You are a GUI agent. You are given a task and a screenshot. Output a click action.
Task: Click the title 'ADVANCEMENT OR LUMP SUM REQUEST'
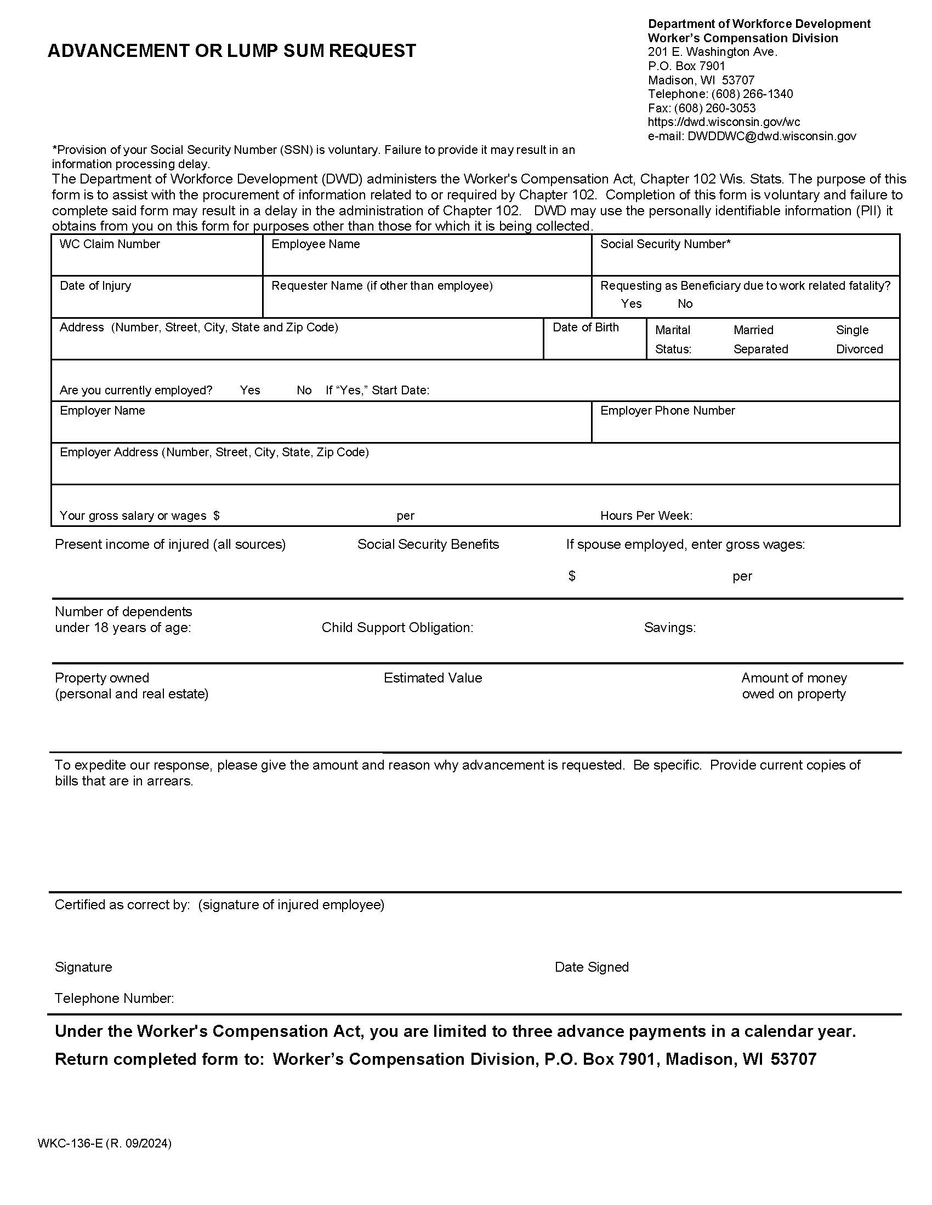click(231, 51)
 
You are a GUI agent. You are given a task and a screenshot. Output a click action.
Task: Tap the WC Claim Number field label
click(109, 244)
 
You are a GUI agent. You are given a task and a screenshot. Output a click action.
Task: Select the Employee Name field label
click(315, 244)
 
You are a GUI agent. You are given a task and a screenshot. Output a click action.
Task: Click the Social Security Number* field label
click(665, 244)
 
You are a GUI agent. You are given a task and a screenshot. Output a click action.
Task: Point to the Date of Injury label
click(95, 285)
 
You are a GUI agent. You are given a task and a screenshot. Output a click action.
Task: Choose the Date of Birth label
click(586, 327)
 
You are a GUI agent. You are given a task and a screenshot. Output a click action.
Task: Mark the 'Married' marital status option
click(753, 330)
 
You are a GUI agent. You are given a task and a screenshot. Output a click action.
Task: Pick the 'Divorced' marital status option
click(859, 349)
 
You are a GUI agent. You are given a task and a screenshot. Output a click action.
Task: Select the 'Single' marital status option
click(852, 330)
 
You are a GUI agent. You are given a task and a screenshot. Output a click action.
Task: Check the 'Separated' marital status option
click(760, 349)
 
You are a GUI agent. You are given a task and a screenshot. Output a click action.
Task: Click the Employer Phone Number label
click(667, 410)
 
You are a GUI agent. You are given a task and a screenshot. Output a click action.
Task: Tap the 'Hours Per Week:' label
click(646, 515)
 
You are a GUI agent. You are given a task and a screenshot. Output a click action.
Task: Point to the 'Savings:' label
click(669, 627)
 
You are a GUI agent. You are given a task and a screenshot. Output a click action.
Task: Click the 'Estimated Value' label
click(433, 678)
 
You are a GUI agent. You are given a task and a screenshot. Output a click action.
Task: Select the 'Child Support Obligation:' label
click(397, 627)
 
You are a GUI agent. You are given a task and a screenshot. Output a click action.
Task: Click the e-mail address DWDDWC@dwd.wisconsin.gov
click(771, 136)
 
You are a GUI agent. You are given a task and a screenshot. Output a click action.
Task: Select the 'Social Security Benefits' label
click(428, 544)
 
